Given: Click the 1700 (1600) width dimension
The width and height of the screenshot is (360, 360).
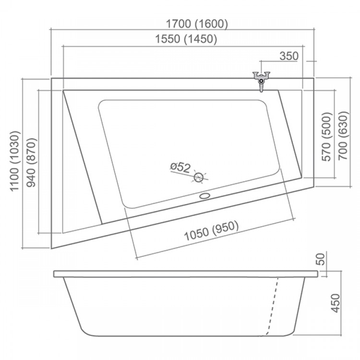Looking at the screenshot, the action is [x=197, y=24].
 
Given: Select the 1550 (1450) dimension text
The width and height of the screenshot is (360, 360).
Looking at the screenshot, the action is [x=186, y=39].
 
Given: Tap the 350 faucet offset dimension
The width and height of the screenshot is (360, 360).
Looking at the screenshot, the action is [x=289, y=56].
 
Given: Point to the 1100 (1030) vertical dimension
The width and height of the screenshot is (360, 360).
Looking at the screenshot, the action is [x=14, y=161].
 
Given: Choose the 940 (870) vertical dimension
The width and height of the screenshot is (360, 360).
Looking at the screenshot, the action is [x=31, y=162].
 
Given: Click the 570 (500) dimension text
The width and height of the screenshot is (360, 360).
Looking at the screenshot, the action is [x=327, y=137].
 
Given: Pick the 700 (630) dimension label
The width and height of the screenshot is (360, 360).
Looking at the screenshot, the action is [x=343, y=135].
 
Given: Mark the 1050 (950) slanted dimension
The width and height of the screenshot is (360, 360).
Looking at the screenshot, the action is [x=212, y=231].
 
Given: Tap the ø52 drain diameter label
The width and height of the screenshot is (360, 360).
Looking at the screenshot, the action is [x=180, y=167].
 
